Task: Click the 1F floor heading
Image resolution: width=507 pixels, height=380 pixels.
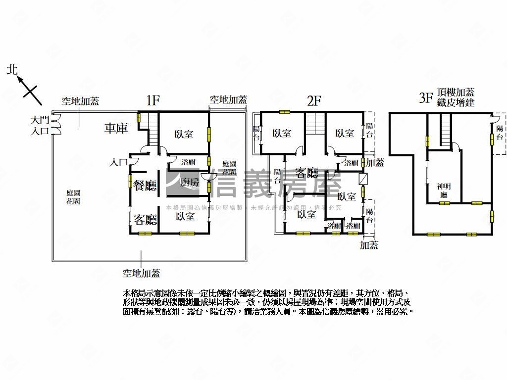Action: [152, 100]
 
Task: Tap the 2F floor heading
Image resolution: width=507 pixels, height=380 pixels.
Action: [314, 101]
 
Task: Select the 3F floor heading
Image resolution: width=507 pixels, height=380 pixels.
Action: [426, 97]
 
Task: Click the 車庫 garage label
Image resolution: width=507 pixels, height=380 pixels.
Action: [116, 128]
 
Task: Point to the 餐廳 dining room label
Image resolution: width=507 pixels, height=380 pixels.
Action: [145, 186]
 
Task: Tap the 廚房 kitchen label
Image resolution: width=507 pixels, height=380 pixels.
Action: [190, 182]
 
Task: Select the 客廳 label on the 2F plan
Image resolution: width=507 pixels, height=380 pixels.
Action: [307, 173]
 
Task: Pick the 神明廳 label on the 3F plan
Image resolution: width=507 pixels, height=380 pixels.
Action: [444, 190]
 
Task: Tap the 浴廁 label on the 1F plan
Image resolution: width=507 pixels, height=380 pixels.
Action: [188, 162]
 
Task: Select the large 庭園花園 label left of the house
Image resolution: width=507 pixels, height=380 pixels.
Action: [73, 197]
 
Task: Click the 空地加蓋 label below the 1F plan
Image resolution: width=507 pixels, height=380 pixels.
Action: [141, 273]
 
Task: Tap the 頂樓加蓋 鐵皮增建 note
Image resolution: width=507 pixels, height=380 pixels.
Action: [456, 97]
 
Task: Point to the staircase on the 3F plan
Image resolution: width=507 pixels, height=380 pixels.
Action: [446, 130]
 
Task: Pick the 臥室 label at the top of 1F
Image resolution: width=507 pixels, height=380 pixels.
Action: [184, 134]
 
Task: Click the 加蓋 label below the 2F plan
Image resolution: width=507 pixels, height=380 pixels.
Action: [369, 244]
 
